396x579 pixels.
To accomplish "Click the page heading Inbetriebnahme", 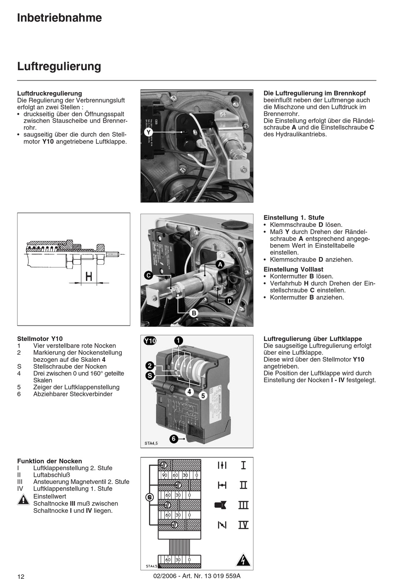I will [x=59, y=18].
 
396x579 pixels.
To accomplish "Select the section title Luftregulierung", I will [x=59, y=66].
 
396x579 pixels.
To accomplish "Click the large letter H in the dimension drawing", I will [x=88, y=276].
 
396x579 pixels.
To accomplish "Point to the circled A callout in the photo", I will [x=220, y=264].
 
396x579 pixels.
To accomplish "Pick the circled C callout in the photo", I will [x=148, y=276].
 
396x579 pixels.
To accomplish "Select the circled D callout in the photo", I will [x=229, y=301].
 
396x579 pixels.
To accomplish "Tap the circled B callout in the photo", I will [x=194, y=313].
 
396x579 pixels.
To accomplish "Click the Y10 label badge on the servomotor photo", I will [x=150, y=341].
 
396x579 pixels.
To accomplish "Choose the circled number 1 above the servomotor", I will [x=178, y=341].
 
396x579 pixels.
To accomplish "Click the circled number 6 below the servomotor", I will [x=174, y=439].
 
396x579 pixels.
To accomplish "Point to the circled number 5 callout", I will [x=203, y=396].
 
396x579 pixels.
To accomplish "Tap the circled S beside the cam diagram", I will [x=150, y=497].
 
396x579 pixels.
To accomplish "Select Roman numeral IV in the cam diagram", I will [x=243, y=525].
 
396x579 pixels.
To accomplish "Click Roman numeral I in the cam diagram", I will [x=243, y=465].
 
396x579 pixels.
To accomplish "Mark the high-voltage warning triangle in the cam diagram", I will [x=241, y=560].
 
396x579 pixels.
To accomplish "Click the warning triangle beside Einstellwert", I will [x=23, y=500].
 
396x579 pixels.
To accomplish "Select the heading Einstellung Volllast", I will [x=293, y=269].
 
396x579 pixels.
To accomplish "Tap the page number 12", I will [x=21, y=576].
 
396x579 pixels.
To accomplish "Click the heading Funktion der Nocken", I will [x=50, y=461].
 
